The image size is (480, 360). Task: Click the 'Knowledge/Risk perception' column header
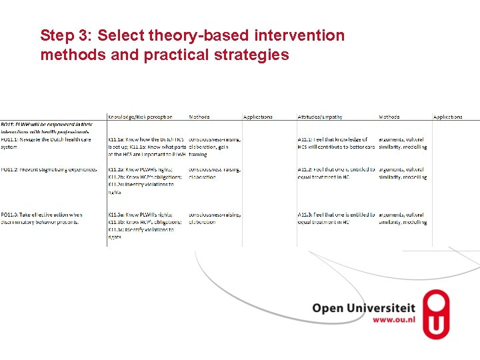click(x=140, y=117)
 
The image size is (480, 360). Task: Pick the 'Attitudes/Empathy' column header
click(x=320, y=117)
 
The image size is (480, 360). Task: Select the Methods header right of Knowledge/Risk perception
click(x=199, y=117)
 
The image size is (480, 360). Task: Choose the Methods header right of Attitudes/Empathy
click(x=389, y=117)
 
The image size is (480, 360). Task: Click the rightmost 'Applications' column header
click(x=447, y=117)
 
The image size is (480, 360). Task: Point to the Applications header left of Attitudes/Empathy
click(x=258, y=117)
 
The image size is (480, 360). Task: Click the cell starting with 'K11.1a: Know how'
click(x=147, y=147)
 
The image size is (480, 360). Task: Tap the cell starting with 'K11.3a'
click(x=145, y=225)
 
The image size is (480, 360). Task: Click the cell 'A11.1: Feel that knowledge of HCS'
click(x=336, y=143)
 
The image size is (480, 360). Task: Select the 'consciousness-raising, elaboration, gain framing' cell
click(x=214, y=147)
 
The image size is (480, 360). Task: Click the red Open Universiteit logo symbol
click(x=436, y=314)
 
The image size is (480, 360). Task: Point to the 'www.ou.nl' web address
click(x=393, y=320)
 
